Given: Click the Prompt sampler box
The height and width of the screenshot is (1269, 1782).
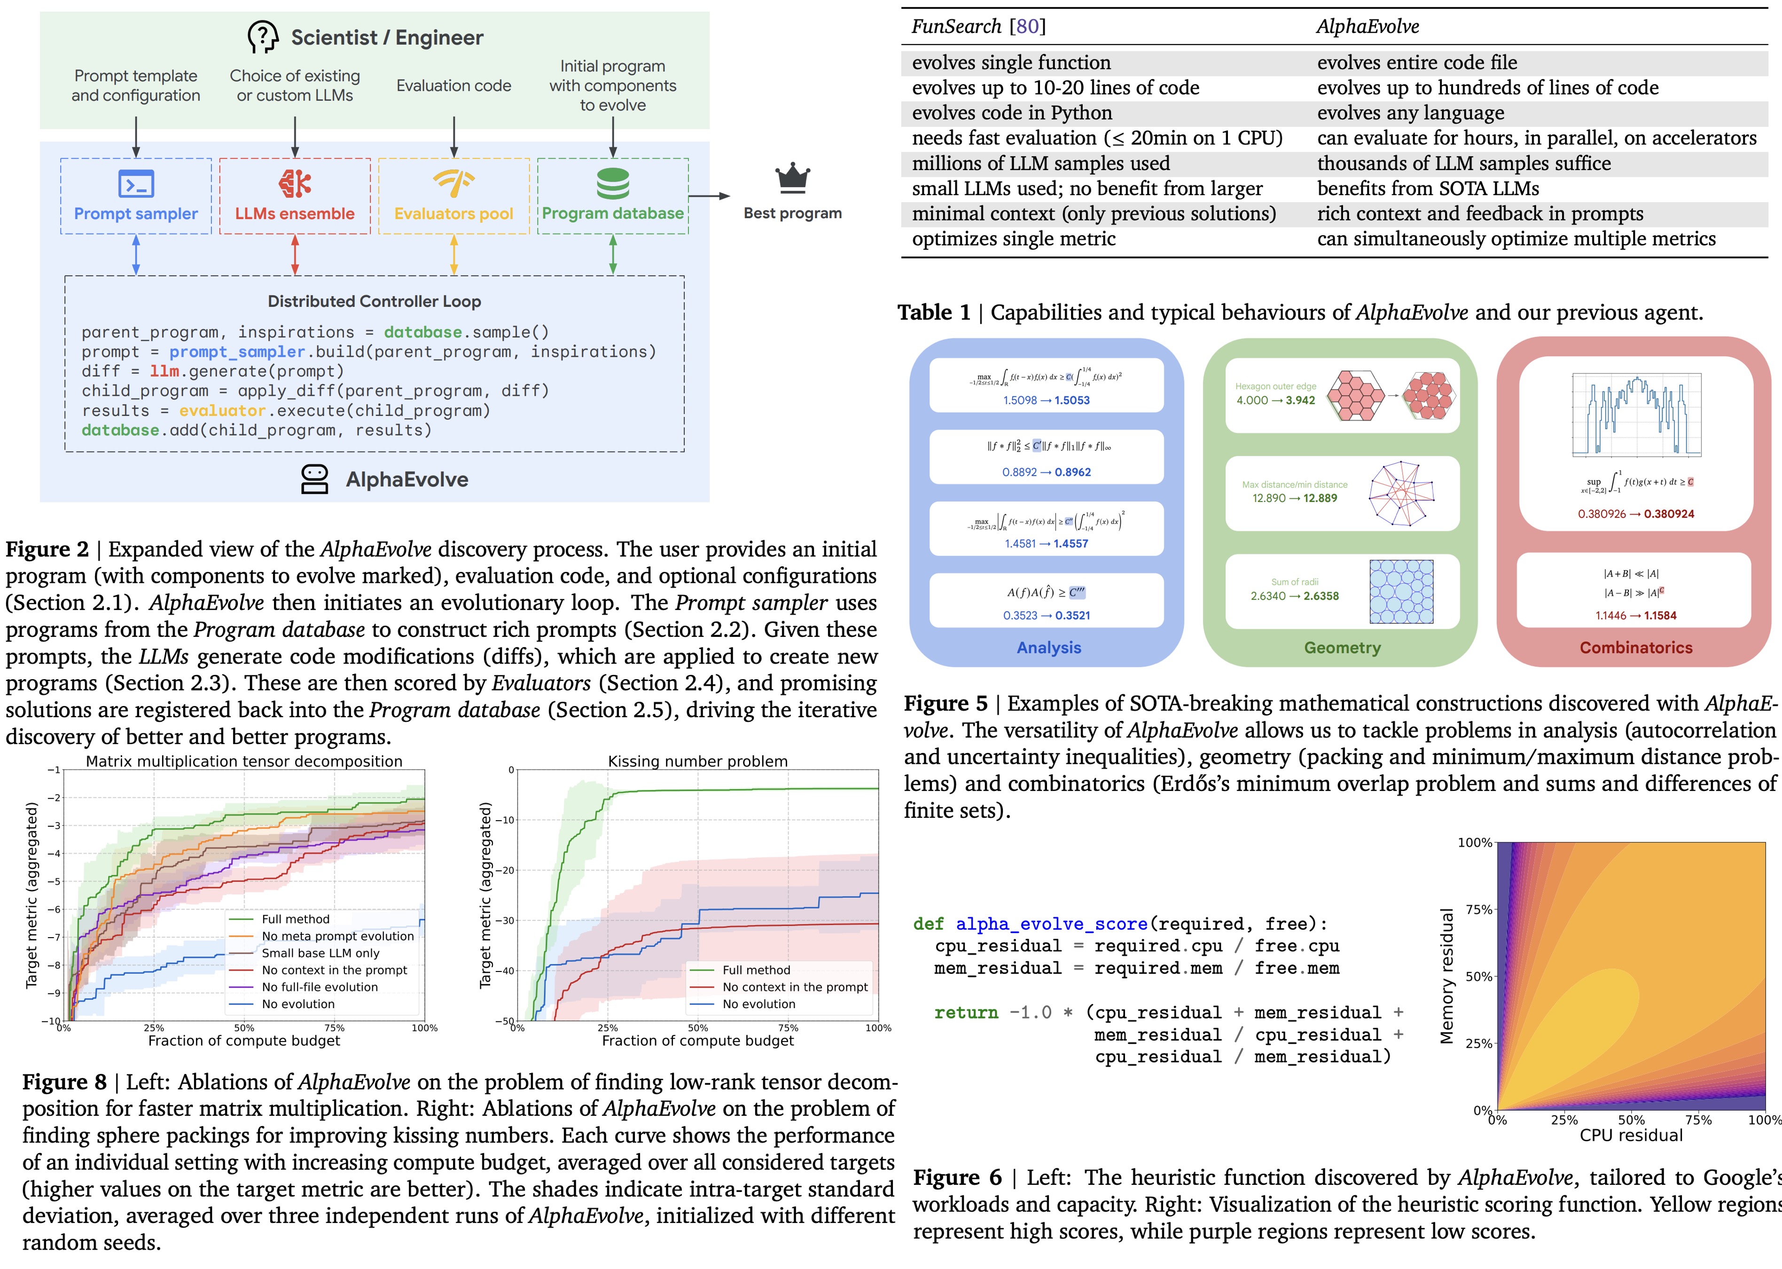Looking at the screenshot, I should [x=136, y=196].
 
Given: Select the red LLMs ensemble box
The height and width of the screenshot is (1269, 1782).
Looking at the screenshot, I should [x=295, y=196].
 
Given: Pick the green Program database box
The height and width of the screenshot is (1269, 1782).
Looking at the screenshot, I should [x=612, y=196].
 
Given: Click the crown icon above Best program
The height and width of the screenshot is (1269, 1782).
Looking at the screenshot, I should [x=792, y=178].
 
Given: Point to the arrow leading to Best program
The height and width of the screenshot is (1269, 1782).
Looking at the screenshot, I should [x=709, y=196].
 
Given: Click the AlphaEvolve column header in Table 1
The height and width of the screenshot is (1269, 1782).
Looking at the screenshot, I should [x=1367, y=27].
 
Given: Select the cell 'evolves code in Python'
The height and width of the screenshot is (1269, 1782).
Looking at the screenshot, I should [x=1012, y=113].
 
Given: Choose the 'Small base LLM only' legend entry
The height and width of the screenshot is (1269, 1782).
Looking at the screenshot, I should [x=320, y=953].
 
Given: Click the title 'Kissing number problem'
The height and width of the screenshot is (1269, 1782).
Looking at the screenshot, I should [x=698, y=761].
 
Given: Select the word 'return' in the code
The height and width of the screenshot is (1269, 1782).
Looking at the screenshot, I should [x=966, y=1013].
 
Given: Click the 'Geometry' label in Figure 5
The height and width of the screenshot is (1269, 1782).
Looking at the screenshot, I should [x=1342, y=648].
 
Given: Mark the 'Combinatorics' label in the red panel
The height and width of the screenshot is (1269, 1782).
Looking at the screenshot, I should [x=1636, y=648].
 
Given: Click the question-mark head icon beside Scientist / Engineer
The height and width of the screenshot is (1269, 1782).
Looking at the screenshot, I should [x=263, y=37].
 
